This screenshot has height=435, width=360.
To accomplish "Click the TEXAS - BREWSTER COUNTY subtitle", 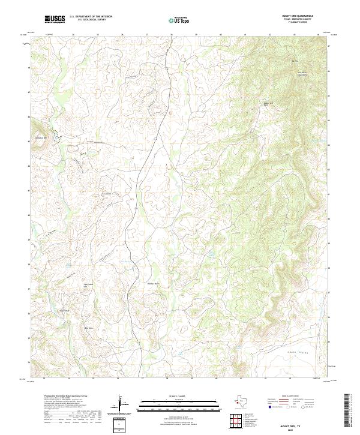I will [300, 20].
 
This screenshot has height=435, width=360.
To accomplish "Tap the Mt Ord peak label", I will [295, 61].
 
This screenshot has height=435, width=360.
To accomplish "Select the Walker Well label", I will [153, 283].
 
